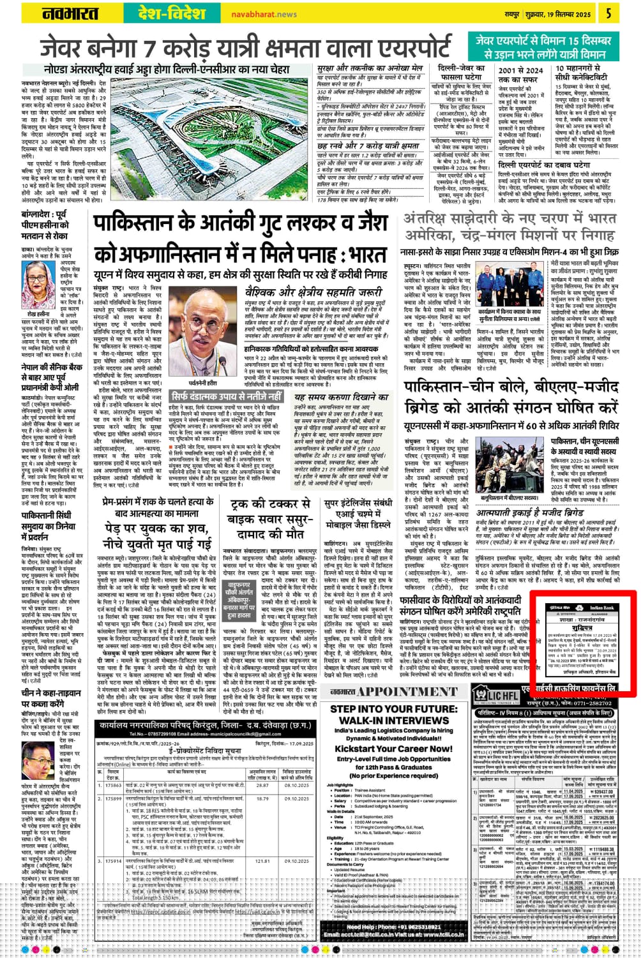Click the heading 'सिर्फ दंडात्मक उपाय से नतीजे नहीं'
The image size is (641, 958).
click(227, 396)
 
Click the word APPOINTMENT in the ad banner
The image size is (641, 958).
click(407, 692)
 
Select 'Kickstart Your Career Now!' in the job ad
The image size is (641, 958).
click(393, 749)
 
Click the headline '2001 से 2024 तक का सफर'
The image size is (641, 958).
click(521, 75)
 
